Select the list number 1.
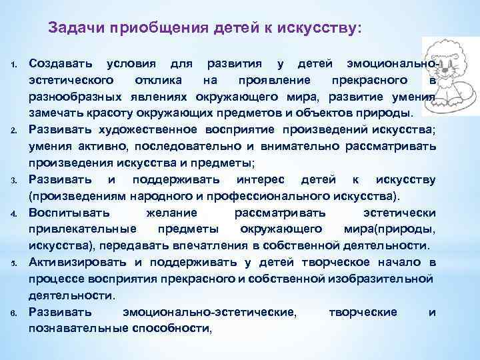[14, 65]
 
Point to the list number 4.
[14, 213]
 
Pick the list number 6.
[14, 313]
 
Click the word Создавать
[59, 64]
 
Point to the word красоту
[104, 113]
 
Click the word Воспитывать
[65, 212]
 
